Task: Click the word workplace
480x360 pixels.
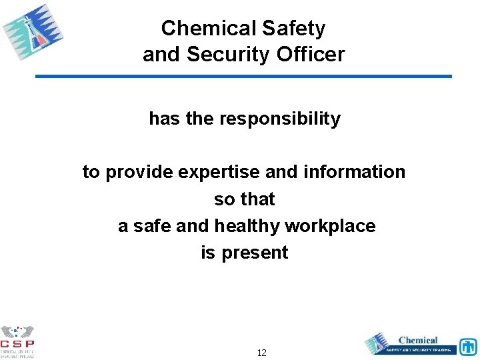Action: [x=330, y=226]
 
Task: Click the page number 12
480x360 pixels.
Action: [x=261, y=353]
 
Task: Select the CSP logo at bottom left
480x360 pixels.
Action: [x=18, y=341]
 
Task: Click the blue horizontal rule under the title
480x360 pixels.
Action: [x=243, y=77]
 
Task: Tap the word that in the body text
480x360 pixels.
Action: [x=257, y=199]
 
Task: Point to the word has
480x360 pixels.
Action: [x=163, y=119]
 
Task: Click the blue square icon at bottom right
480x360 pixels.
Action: [x=468, y=347]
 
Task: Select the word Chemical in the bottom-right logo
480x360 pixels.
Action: [x=418, y=340]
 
